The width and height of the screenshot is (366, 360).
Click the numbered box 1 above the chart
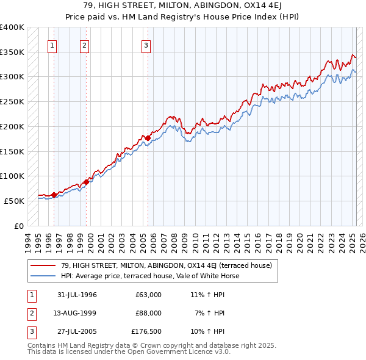point(52,45)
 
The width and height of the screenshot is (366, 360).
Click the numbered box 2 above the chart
point(84,45)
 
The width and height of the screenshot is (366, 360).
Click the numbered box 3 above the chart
point(146,45)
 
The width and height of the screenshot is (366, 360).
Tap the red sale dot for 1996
point(54,195)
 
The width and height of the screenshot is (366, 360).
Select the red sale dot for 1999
point(86,182)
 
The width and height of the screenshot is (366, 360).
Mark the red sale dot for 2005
point(148,138)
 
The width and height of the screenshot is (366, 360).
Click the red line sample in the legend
point(42,265)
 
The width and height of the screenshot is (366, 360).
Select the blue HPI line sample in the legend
point(42,276)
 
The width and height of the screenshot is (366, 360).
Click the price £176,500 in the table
point(146,333)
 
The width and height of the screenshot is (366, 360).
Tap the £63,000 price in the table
point(149,294)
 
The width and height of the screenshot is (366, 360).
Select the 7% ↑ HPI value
point(211,313)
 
